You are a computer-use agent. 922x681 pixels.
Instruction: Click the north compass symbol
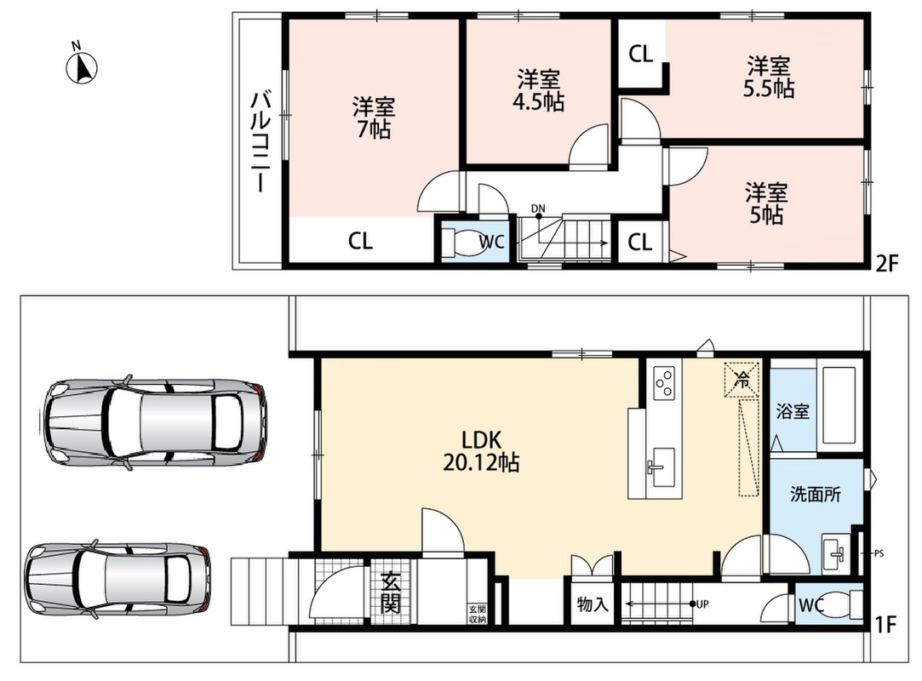point(82,66)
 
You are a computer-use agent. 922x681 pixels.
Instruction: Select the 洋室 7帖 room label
point(374,117)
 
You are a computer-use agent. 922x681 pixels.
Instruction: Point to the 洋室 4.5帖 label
point(538,90)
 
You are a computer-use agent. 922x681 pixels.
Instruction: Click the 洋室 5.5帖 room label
point(769,77)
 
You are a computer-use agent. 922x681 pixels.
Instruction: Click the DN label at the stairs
point(538,209)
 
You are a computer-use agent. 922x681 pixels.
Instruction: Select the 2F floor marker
point(887,263)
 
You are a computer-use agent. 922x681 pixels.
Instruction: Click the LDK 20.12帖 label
point(481,451)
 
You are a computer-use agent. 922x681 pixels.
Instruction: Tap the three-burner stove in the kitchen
point(665,382)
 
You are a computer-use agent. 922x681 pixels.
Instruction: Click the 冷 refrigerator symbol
point(742,380)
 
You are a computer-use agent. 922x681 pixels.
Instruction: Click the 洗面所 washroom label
point(816,494)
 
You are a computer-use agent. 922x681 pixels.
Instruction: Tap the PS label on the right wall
point(879,553)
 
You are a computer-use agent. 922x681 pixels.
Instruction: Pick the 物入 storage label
point(593,604)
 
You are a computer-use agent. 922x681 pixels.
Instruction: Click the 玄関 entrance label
point(391,592)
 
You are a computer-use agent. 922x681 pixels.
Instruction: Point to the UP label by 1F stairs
point(702,604)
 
